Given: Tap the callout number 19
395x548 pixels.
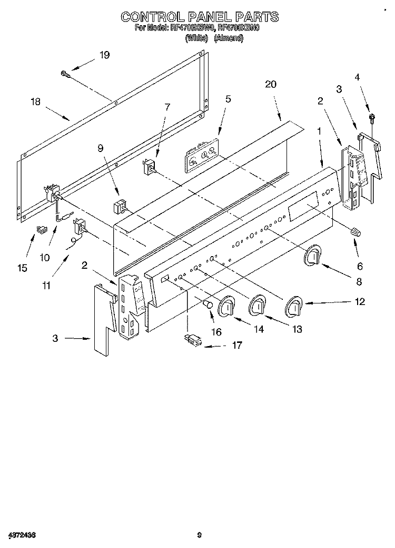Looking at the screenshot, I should (x=105, y=55).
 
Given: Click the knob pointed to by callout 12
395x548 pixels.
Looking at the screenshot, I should (x=293, y=306).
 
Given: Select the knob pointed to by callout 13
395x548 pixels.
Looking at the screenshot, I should (x=259, y=305).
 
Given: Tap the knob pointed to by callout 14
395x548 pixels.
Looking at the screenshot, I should (x=227, y=307).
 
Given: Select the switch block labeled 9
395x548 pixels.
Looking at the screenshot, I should (x=121, y=205).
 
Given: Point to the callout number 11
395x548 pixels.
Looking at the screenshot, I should (x=46, y=286).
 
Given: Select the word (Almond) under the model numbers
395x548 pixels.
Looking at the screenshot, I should (x=228, y=38).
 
